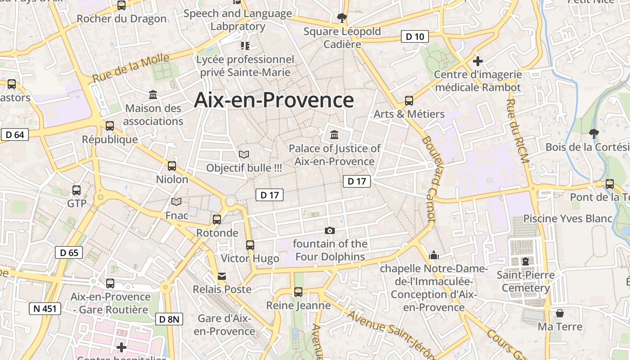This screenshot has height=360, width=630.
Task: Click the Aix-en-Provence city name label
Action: pos(274,100)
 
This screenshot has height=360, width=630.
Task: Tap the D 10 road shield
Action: pos(414,37)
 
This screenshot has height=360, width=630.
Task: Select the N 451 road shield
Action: pos(45,309)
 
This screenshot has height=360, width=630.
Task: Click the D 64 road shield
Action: pos(15,135)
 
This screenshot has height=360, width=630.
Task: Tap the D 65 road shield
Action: pos(69,252)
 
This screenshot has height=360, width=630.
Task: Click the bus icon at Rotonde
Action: pos(217,220)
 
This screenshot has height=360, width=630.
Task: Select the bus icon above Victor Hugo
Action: pos(250,245)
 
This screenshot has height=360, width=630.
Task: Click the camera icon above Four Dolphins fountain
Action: pos(329,231)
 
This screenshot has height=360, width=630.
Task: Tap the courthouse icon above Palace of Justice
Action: pos(334,135)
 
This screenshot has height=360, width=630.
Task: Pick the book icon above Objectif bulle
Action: pos(244,155)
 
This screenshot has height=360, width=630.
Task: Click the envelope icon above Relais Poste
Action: pos(222,276)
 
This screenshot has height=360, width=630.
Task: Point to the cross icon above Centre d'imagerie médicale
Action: pos(478,61)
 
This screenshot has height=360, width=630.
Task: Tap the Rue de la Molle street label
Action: pos(130,67)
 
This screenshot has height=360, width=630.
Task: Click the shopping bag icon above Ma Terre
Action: pos(560,313)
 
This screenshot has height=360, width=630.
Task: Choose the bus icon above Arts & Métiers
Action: pos(409,101)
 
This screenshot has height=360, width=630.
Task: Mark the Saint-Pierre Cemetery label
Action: pos(526,281)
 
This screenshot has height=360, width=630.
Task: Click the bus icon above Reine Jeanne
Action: pos(298,292)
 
